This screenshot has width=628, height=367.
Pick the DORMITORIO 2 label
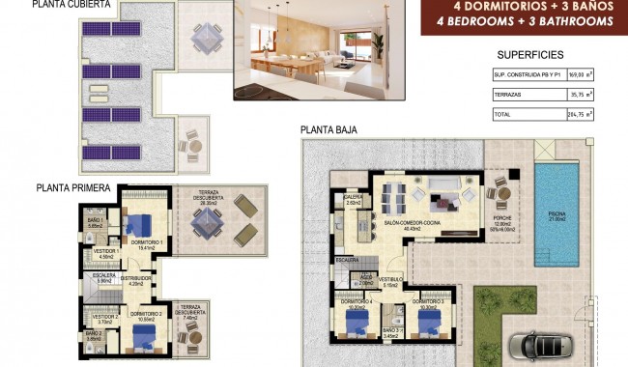(145, 314)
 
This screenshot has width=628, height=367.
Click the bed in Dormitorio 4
(356, 325)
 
